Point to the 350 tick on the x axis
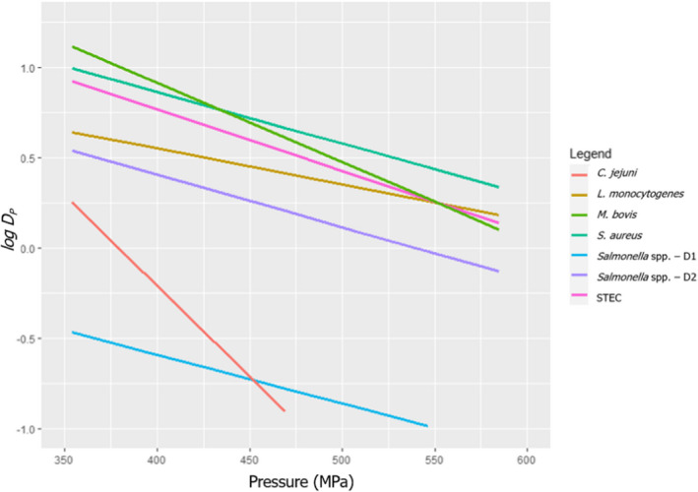click(64, 459)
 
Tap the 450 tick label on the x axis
click(249, 459)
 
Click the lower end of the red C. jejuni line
click(285, 410)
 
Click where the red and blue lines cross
click(253, 380)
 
